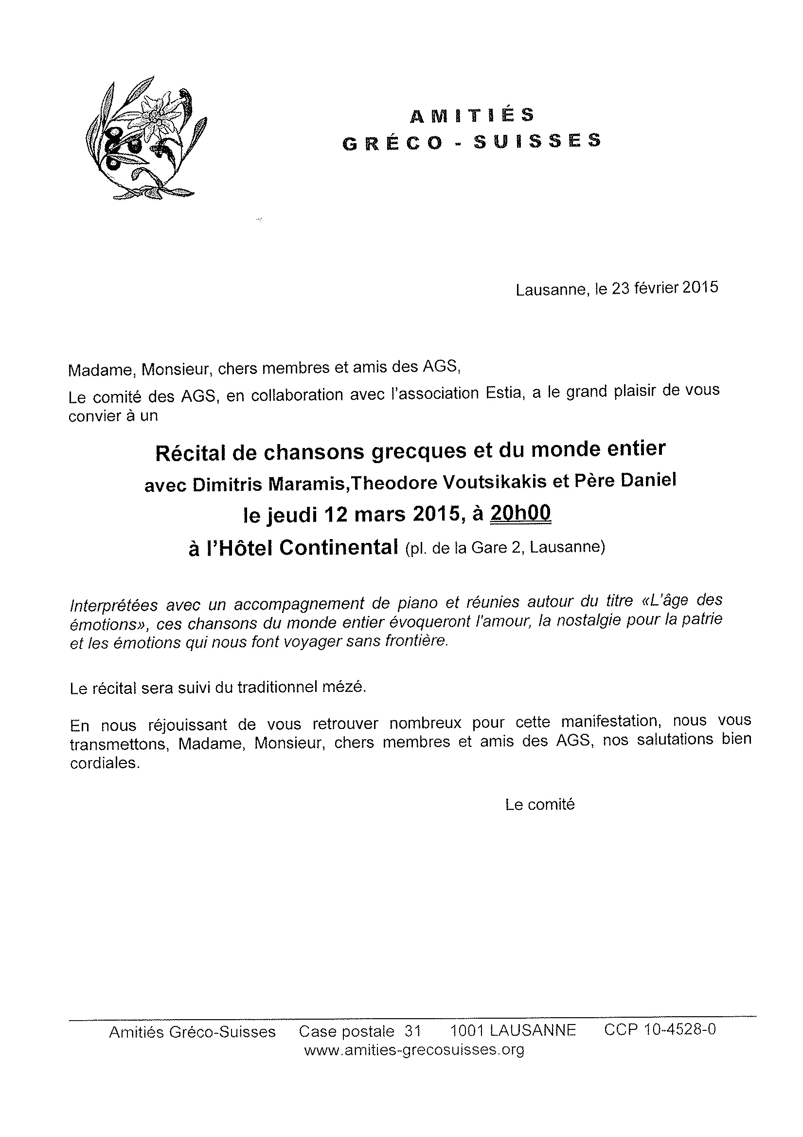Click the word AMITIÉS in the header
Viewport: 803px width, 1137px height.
coord(472,115)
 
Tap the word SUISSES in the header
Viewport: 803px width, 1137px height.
coord(537,142)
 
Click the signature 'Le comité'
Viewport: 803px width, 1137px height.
coord(540,805)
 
